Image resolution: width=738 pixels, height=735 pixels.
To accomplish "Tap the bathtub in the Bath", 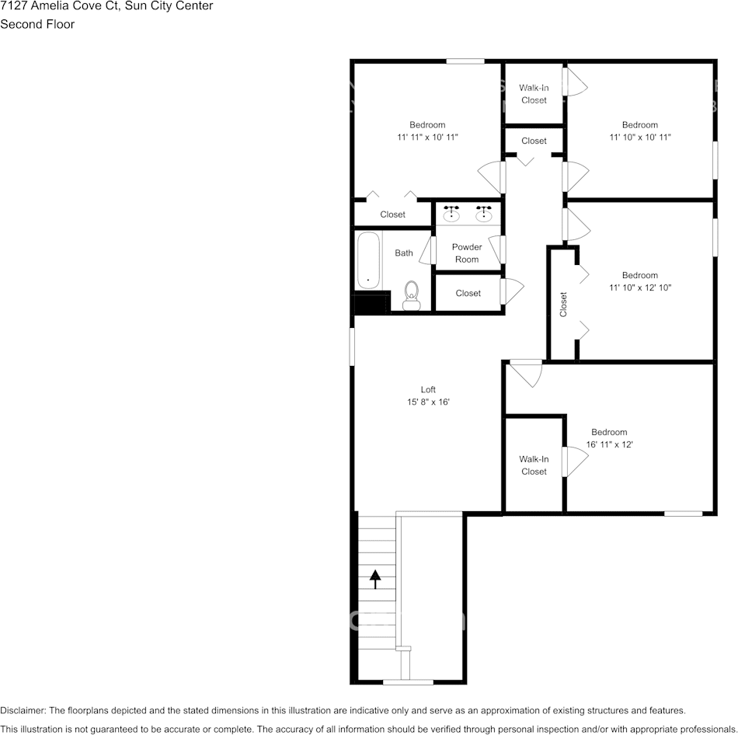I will (368, 260).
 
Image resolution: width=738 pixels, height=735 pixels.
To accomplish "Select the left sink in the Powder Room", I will (451, 214).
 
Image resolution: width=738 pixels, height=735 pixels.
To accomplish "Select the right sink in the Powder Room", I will (484, 214).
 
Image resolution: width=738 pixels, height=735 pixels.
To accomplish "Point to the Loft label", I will (428, 390).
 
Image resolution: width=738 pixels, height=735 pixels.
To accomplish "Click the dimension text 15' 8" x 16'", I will (428, 402).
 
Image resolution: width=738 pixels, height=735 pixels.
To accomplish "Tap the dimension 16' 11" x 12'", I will (609, 445).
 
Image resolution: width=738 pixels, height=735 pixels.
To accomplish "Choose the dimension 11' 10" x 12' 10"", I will (639, 287).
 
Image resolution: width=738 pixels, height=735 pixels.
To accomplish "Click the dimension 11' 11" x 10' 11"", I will (427, 138).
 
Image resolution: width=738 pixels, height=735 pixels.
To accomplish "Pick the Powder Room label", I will (467, 253).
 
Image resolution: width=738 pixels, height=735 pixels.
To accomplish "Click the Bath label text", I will (404, 253).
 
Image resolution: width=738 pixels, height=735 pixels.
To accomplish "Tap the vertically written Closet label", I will (563, 305).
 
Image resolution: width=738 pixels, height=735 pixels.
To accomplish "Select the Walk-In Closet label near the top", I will (534, 94).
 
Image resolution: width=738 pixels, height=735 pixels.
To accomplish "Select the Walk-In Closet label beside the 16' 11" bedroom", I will (534, 465).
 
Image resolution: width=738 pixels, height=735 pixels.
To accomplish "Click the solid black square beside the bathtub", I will (371, 304).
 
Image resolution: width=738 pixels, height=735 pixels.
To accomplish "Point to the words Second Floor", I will (37, 24).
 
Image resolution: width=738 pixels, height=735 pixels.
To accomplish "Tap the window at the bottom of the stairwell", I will (408, 682).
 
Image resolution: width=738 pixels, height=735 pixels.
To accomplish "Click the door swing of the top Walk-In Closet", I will (576, 82).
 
